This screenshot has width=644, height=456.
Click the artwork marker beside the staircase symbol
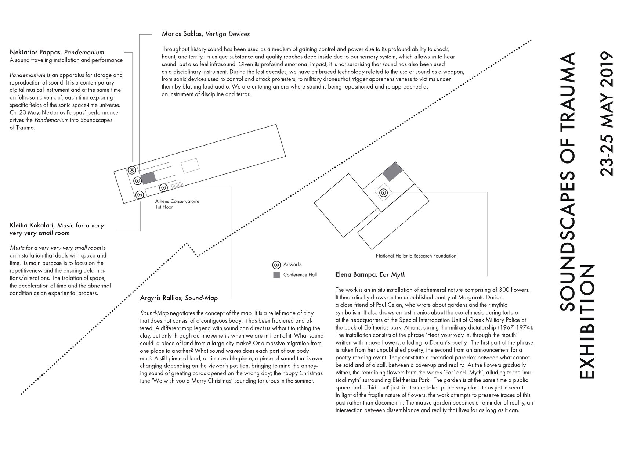(x=164, y=188)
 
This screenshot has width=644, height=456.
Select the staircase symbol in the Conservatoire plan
(x=177, y=185)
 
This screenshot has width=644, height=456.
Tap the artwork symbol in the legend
(x=276, y=265)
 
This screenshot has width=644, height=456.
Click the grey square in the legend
(x=276, y=275)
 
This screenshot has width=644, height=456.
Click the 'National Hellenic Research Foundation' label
(x=416, y=256)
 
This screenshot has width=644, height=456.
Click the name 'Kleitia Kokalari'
(x=32, y=226)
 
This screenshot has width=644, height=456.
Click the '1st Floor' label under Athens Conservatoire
(x=164, y=207)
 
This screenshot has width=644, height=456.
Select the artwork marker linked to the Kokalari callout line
(x=140, y=195)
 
